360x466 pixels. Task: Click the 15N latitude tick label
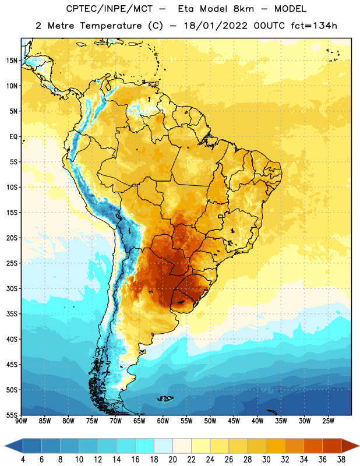point(12,61)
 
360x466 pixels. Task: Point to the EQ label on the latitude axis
point(13,137)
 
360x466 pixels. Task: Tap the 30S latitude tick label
point(12,288)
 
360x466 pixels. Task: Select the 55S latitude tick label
point(12,415)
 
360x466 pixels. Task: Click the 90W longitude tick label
point(21,421)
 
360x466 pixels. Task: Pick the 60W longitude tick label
point(163,421)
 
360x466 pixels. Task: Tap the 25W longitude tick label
point(328,421)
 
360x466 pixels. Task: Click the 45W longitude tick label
point(234,421)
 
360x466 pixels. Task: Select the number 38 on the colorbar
point(341,460)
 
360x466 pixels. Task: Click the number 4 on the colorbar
point(23,460)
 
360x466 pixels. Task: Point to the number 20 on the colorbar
point(172,460)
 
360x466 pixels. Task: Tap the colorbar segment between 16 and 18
point(145,446)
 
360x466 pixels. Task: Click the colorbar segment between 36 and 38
point(332,446)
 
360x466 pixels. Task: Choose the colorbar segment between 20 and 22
point(182,446)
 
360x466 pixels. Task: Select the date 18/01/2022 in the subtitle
point(216,26)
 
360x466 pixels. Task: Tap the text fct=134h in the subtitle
point(314,26)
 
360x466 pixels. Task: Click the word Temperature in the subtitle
point(111,26)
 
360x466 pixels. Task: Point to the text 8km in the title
point(243,9)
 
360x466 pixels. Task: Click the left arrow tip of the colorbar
point(5,446)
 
